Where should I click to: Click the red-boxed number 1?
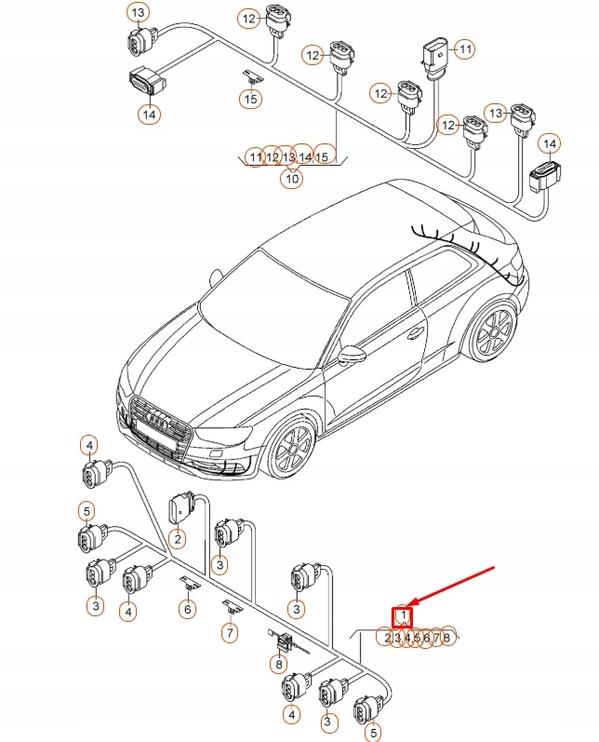point(404,616)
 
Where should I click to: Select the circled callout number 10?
point(292,178)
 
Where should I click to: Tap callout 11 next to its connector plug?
point(465,47)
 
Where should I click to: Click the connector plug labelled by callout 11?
point(433,55)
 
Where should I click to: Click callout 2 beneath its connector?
point(177,538)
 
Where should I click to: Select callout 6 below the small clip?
point(187,609)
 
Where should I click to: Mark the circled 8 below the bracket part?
point(278,665)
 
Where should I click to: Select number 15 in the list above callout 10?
point(323,156)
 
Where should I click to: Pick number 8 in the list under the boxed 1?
point(447,638)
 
